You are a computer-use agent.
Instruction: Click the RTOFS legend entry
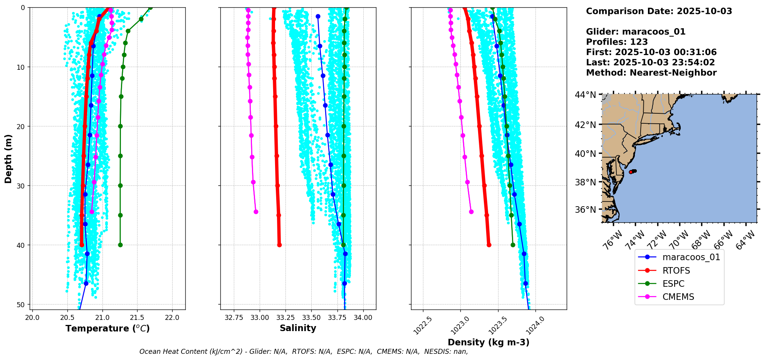pyautogui.click(x=676, y=271)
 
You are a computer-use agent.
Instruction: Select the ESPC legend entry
pyautogui.click(x=673, y=284)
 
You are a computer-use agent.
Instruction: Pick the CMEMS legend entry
pyautogui.click(x=678, y=297)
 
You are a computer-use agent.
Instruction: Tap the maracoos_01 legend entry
pyautogui.click(x=691, y=257)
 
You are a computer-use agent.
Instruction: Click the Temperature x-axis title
pyautogui.click(x=107, y=328)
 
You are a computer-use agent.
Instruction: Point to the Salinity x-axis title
pyautogui.click(x=298, y=328)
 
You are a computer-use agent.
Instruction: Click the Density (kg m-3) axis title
pyautogui.click(x=488, y=342)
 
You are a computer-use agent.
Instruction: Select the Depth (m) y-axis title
pyautogui.click(x=8, y=159)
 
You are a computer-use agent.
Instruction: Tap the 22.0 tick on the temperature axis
pyautogui.click(x=172, y=318)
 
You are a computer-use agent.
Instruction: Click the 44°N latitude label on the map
pyautogui.click(x=585, y=95)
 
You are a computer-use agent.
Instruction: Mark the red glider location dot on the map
pyautogui.click(x=631, y=172)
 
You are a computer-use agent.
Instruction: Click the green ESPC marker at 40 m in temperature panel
pyautogui.click(x=120, y=245)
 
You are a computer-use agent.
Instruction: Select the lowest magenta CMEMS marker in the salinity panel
pyautogui.click(x=256, y=212)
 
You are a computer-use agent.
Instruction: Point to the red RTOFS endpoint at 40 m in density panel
pyautogui.click(x=489, y=245)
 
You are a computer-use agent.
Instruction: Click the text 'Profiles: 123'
pyautogui.click(x=617, y=42)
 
